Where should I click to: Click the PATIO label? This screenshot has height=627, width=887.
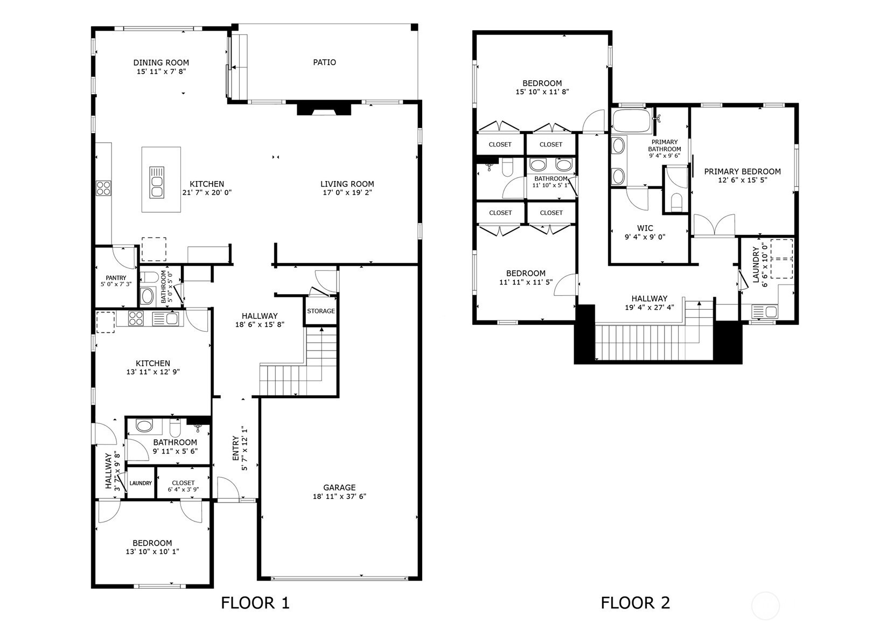(324, 62)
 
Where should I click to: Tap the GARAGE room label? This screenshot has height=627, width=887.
(339, 487)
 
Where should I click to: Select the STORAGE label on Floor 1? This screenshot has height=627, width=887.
(321, 311)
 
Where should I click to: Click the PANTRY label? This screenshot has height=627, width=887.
(116, 278)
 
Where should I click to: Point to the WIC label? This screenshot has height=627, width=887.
(645, 228)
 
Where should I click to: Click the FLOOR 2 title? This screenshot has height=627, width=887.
(635, 603)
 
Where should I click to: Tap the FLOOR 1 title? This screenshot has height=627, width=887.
(255, 603)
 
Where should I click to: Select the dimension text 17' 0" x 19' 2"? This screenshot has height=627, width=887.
(347, 193)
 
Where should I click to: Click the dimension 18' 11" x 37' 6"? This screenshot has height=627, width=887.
(339, 496)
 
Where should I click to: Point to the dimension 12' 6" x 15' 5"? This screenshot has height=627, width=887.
(743, 180)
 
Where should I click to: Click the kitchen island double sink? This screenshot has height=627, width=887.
(157, 183)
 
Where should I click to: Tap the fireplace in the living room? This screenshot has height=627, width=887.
(324, 109)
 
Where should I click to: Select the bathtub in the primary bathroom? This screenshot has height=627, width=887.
(632, 121)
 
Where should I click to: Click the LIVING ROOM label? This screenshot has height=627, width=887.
(347, 184)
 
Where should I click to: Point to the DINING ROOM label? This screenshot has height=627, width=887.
(161, 62)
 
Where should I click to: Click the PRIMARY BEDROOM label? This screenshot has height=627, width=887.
(743, 171)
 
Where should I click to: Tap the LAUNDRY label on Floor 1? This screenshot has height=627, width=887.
(141, 483)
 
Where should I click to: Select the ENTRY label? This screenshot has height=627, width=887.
(236, 448)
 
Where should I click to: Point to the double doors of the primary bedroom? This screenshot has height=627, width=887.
(714, 226)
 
